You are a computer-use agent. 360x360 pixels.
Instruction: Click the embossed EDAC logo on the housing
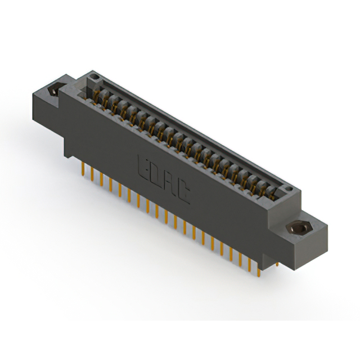tap(164, 179)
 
